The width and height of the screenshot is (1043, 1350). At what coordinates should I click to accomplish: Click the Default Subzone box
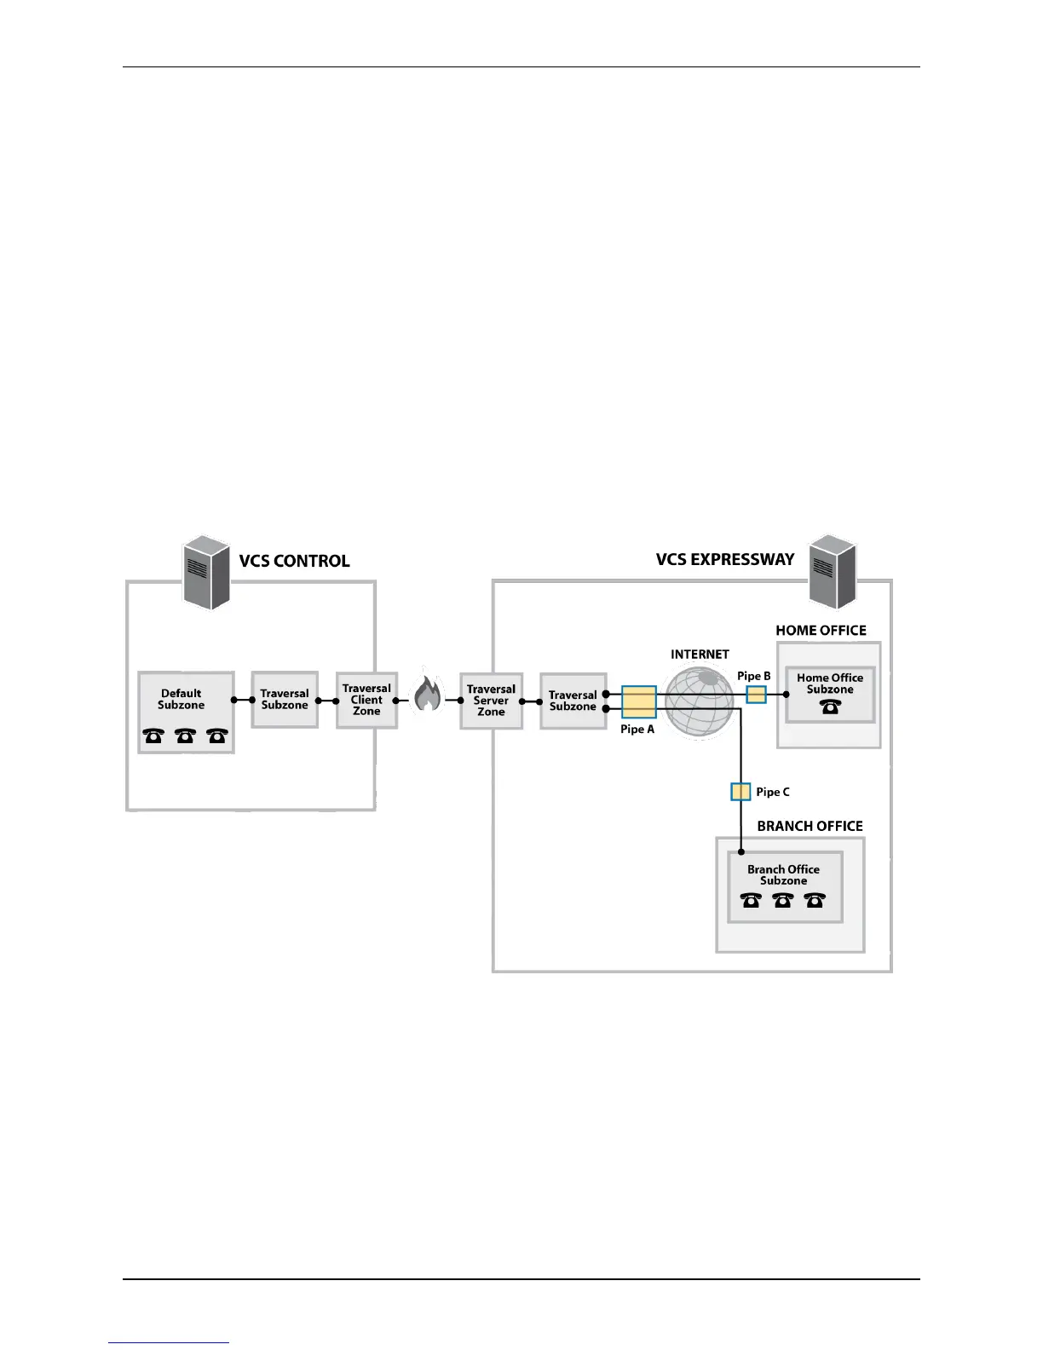pos(186,712)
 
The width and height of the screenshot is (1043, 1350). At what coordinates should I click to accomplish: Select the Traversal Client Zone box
pos(366,700)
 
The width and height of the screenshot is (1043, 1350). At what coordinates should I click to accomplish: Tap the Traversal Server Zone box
pos(491,701)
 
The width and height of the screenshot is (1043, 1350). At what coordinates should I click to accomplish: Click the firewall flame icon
pos(428,694)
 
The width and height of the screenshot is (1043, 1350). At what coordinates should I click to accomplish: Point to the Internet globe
pos(699,701)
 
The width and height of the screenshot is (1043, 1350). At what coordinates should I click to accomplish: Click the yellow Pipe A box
pos(638,702)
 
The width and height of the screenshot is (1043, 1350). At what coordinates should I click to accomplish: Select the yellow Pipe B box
pos(756,695)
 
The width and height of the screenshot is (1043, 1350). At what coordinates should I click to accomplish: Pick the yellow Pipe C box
pos(740,792)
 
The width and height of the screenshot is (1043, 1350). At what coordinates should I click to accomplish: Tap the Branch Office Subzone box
pos(784,886)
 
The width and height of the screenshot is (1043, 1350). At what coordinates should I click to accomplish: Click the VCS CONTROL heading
pos(294,561)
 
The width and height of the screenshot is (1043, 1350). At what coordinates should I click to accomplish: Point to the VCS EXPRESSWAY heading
pos(724,559)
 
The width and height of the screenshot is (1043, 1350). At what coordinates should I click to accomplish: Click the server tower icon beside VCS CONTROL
pos(208,572)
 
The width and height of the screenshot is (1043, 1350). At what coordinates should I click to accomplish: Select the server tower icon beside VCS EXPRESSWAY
pos(833,572)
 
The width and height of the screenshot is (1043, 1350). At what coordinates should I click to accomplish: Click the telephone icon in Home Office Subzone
pos(831,707)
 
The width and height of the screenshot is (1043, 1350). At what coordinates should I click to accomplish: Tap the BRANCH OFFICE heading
pos(810,826)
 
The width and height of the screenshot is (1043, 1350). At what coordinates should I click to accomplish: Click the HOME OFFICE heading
pos(821,631)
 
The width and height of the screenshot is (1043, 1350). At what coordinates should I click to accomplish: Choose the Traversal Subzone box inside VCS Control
pos(285,700)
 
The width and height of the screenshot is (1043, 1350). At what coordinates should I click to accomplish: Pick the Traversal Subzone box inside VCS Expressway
pos(573,701)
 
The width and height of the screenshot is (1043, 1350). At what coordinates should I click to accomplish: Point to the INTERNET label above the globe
pos(700,655)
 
